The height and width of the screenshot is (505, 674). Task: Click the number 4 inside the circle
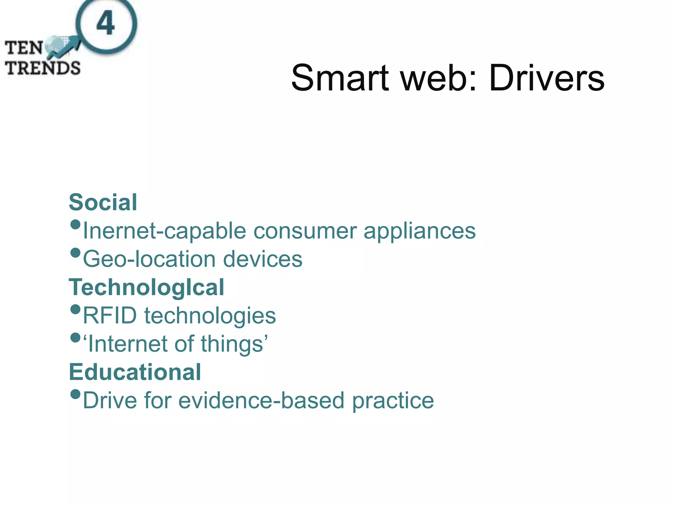[x=106, y=23]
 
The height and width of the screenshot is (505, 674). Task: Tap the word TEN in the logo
[x=24, y=48]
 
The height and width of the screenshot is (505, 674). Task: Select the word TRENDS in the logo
[x=43, y=68]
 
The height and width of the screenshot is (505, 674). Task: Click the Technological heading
[x=146, y=287]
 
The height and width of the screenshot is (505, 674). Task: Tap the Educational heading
[x=135, y=372]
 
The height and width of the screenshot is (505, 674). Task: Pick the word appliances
[x=420, y=231]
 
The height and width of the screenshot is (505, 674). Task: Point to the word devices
[x=263, y=259]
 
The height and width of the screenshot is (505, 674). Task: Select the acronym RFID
[x=110, y=316]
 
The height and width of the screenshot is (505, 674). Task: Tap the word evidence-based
[x=261, y=400]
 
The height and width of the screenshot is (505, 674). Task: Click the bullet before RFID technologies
[x=75, y=309]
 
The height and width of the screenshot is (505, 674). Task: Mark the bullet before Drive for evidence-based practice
[x=75, y=394]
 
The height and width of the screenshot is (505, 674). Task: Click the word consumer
[x=305, y=231]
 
